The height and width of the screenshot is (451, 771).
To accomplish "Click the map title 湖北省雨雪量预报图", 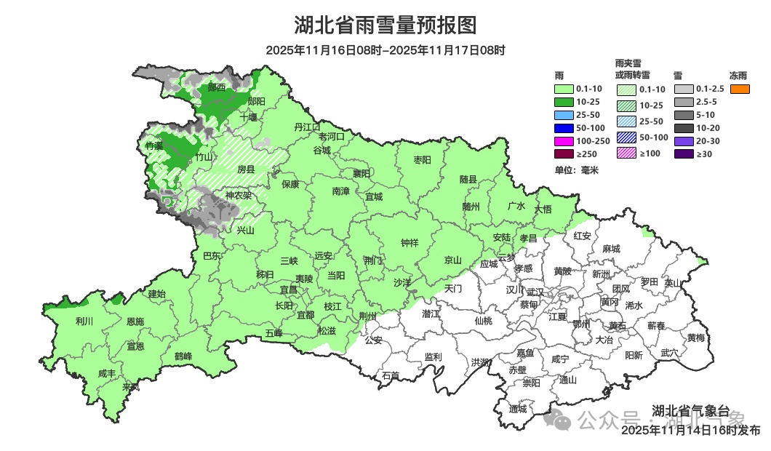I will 385,25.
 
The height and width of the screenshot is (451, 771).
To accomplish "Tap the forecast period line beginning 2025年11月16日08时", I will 385,51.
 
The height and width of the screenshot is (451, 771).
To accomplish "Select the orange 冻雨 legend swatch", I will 740,89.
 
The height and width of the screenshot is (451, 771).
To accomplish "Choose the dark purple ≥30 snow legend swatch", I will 684,154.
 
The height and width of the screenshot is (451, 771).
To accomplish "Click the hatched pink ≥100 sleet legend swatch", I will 626,153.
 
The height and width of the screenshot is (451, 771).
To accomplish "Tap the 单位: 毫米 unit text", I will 576,170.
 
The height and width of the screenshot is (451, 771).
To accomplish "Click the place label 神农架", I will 238,196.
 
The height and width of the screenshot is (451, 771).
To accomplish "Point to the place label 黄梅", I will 695,338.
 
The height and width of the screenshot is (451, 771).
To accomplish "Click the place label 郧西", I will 216,87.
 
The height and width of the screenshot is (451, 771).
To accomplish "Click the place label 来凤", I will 131,387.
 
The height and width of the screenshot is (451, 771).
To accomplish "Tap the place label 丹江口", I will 308,127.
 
